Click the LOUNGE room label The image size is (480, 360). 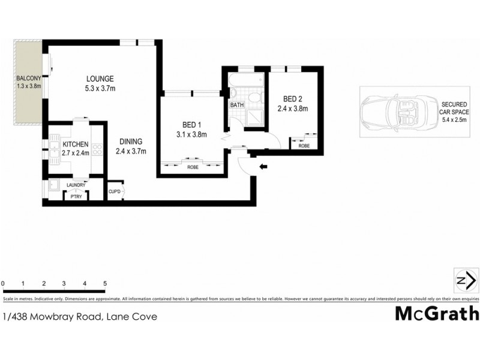(100, 79)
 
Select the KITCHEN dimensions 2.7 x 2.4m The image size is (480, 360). (76, 153)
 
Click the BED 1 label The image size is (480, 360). (191, 125)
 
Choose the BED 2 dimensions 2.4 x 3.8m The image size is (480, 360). (292, 109)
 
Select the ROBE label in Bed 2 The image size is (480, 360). (304, 145)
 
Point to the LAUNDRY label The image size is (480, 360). (76, 185)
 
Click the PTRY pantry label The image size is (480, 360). (76, 196)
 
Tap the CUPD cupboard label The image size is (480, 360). (114, 191)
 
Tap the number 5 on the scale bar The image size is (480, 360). (105, 283)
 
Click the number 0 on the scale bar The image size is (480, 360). (3, 283)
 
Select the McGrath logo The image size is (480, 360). (437, 314)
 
